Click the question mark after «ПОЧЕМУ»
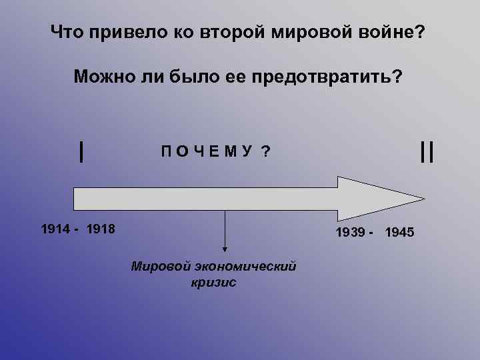266,151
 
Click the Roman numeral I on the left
81,151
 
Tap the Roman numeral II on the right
427,151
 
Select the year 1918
100,229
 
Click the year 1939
351,233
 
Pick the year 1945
399,233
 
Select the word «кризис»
213,282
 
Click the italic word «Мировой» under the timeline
160,267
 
